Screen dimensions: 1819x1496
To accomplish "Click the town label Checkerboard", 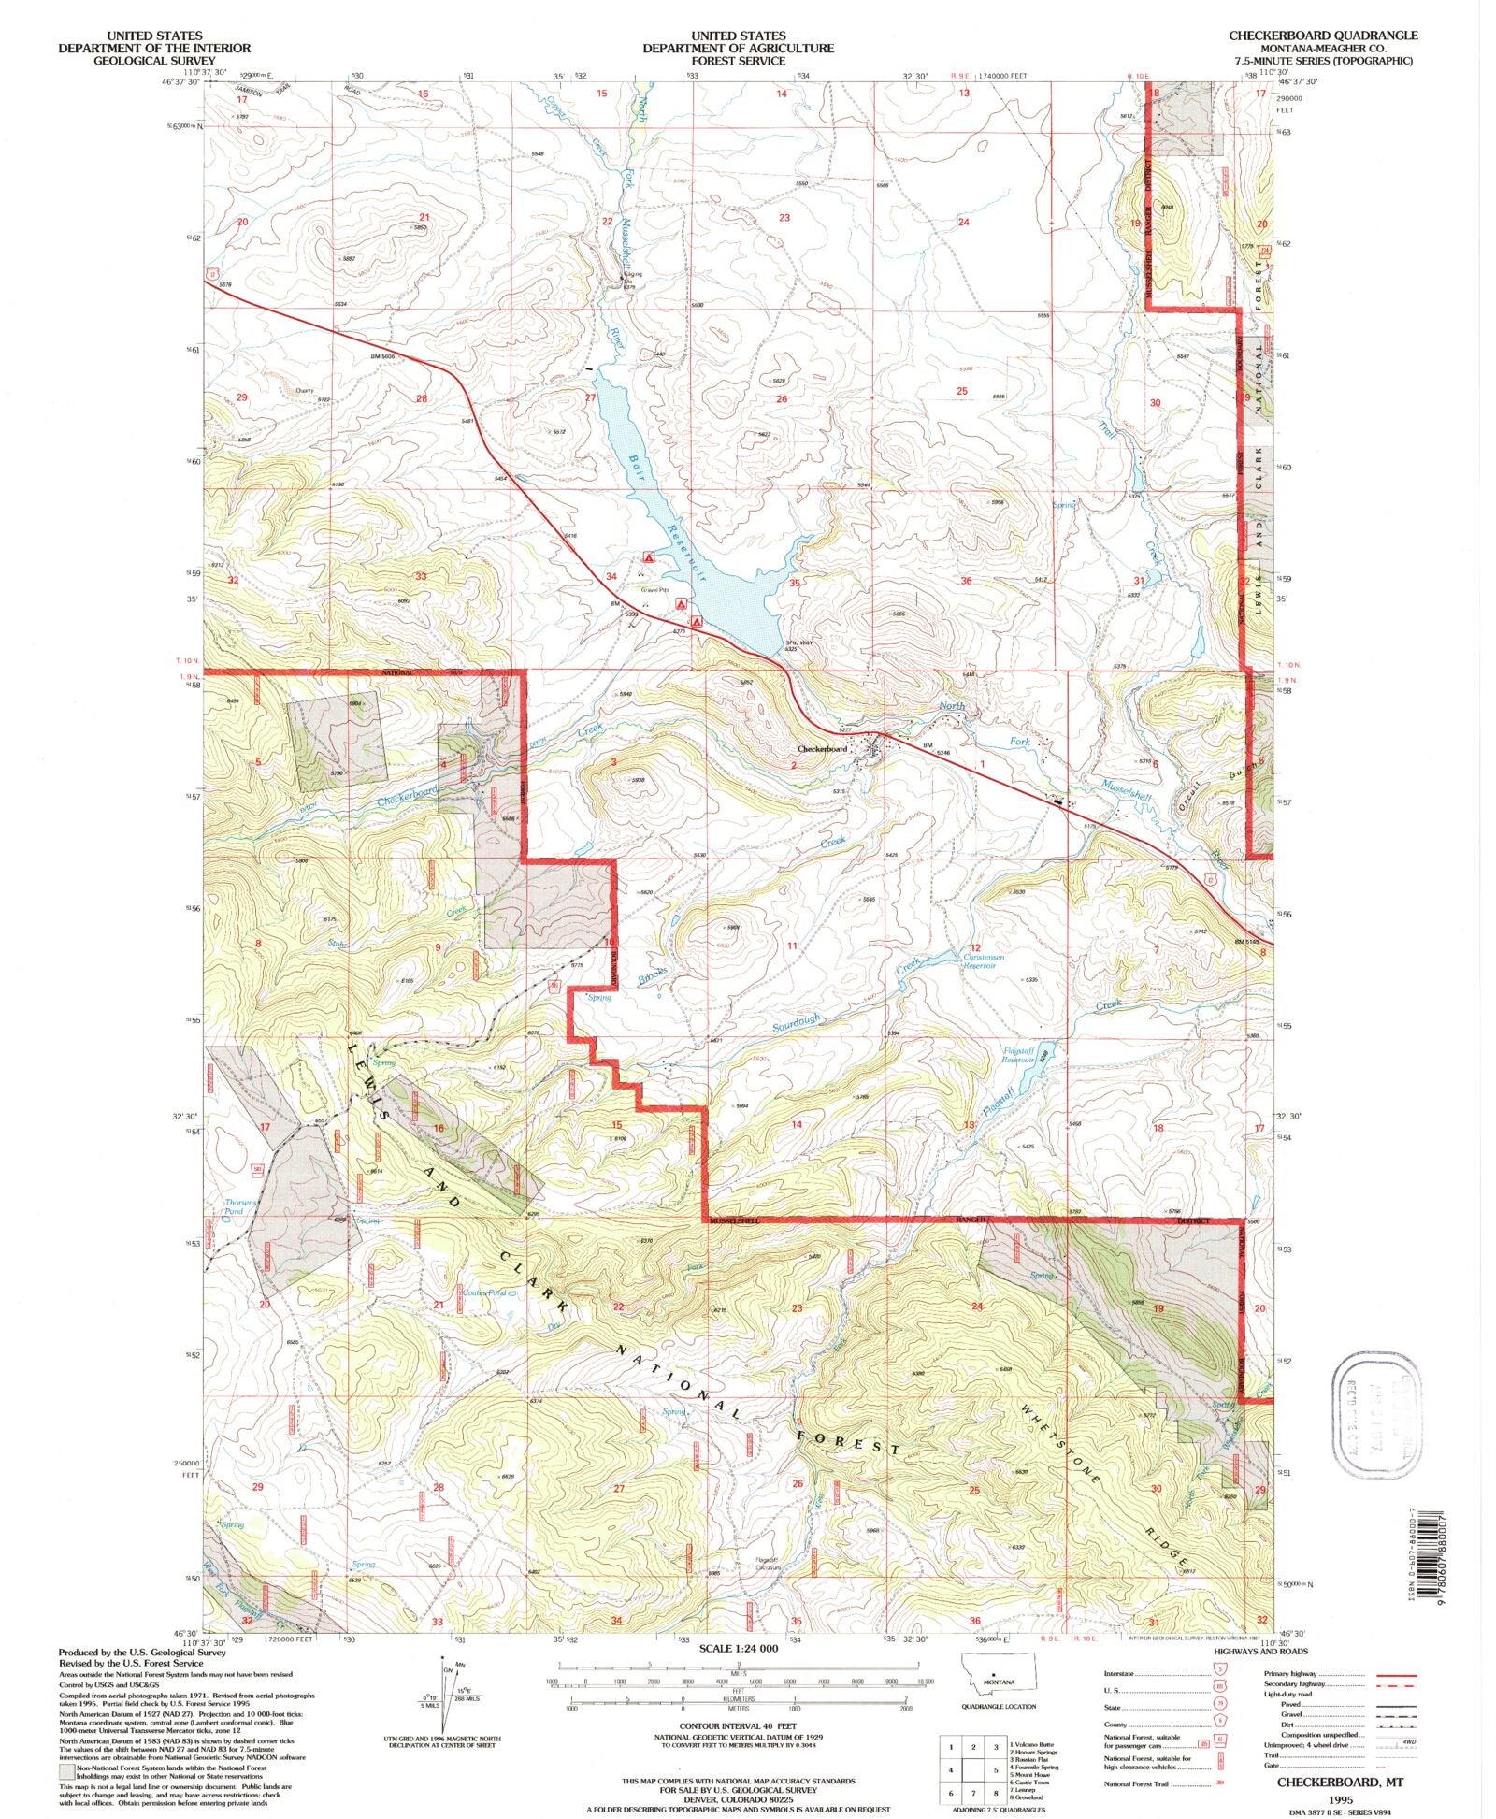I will click(x=822, y=749).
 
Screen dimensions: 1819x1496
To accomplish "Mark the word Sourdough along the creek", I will click(x=796, y=1022).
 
